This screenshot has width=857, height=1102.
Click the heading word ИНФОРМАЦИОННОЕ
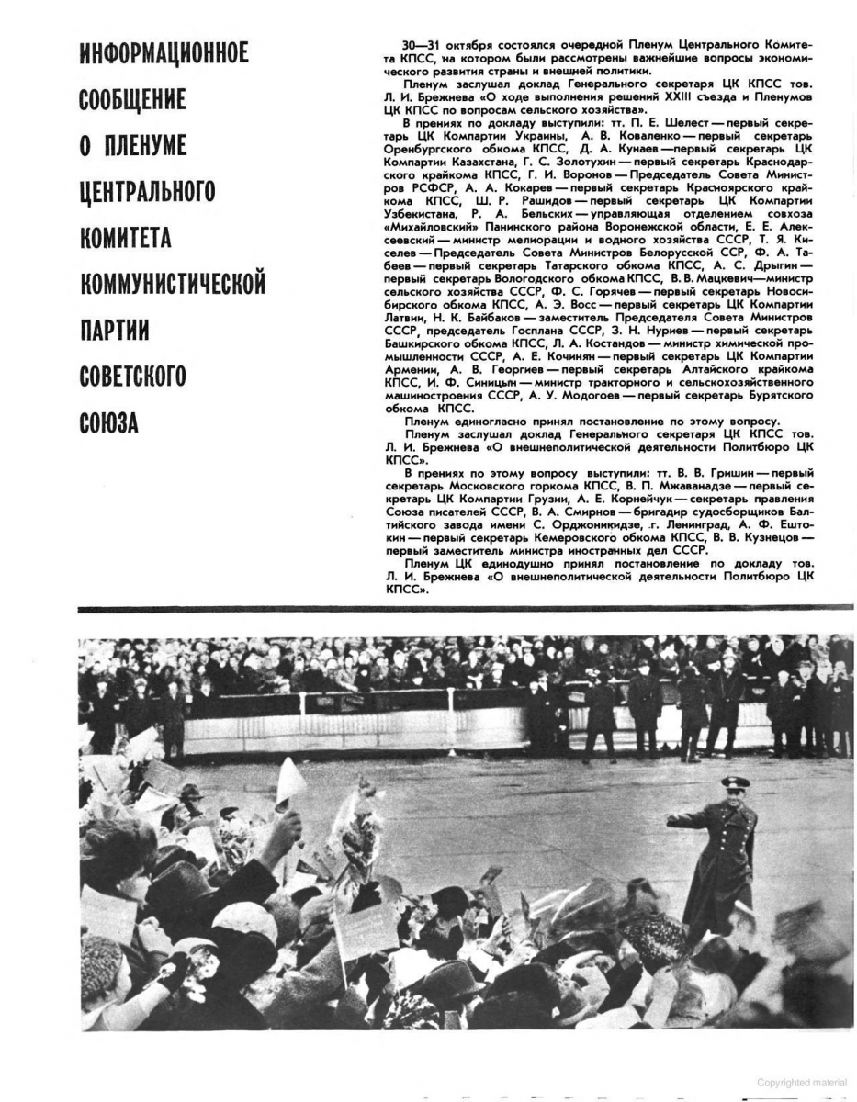[164, 53]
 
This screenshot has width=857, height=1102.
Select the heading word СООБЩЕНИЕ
[133, 99]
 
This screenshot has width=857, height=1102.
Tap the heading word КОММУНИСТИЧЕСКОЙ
[173, 284]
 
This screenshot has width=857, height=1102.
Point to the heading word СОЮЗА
[108, 423]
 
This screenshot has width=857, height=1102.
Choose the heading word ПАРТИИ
[115, 330]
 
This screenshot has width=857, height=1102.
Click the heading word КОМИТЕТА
[132, 238]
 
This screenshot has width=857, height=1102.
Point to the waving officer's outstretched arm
[690, 817]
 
